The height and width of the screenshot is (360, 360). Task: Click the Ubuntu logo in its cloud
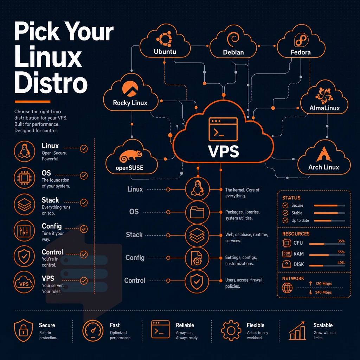point(165,39)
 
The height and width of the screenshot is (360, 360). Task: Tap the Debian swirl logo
point(233,39)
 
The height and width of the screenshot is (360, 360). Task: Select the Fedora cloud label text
point(301,52)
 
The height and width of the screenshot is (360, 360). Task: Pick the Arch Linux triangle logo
point(324,154)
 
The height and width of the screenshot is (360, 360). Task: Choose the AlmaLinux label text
point(324,108)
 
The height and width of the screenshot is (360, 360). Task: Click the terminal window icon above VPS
point(223,129)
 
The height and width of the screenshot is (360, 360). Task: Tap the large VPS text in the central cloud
point(224,151)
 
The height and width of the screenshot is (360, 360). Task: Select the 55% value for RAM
point(341,252)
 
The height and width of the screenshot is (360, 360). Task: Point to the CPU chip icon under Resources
point(287,243)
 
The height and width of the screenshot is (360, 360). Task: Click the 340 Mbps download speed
point(323,292)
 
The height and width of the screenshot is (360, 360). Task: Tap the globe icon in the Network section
point(287,288)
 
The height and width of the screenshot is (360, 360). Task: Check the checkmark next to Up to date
point(285,220)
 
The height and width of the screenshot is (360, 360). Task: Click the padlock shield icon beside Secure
point(24,330)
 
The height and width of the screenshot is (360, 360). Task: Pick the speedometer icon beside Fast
point(93,330)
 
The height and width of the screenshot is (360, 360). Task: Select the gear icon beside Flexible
point(231,330)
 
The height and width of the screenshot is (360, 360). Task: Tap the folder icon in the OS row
point(197,212)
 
